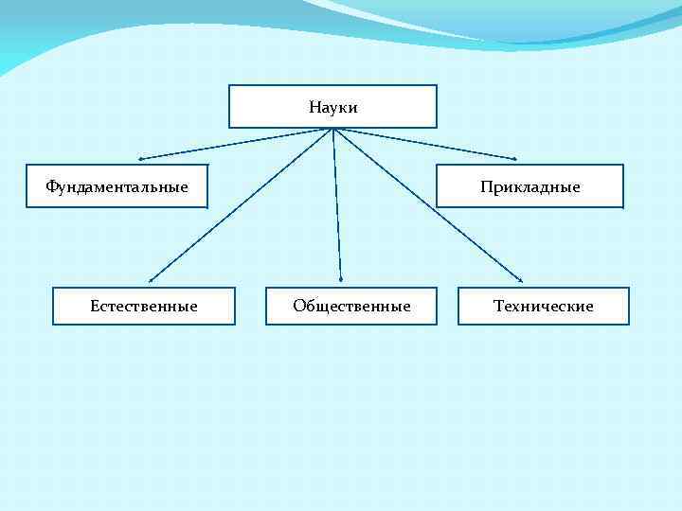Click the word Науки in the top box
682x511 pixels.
333,108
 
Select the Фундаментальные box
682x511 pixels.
117,186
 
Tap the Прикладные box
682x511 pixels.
529,186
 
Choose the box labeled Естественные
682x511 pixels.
143,306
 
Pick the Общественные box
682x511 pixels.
351,306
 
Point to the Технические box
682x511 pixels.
543,306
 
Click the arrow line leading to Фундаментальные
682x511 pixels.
237,143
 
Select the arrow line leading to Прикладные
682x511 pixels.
426,143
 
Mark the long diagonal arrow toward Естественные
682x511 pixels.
242,204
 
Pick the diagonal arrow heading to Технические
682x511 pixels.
428,204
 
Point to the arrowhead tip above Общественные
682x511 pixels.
341,279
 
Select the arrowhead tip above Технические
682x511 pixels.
523,280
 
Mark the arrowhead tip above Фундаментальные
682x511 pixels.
139,158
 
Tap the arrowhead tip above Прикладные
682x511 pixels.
516,158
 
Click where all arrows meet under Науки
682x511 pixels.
333,129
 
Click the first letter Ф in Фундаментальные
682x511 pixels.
51,186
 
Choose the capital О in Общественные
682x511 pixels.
299,306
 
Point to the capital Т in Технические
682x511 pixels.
498,306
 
